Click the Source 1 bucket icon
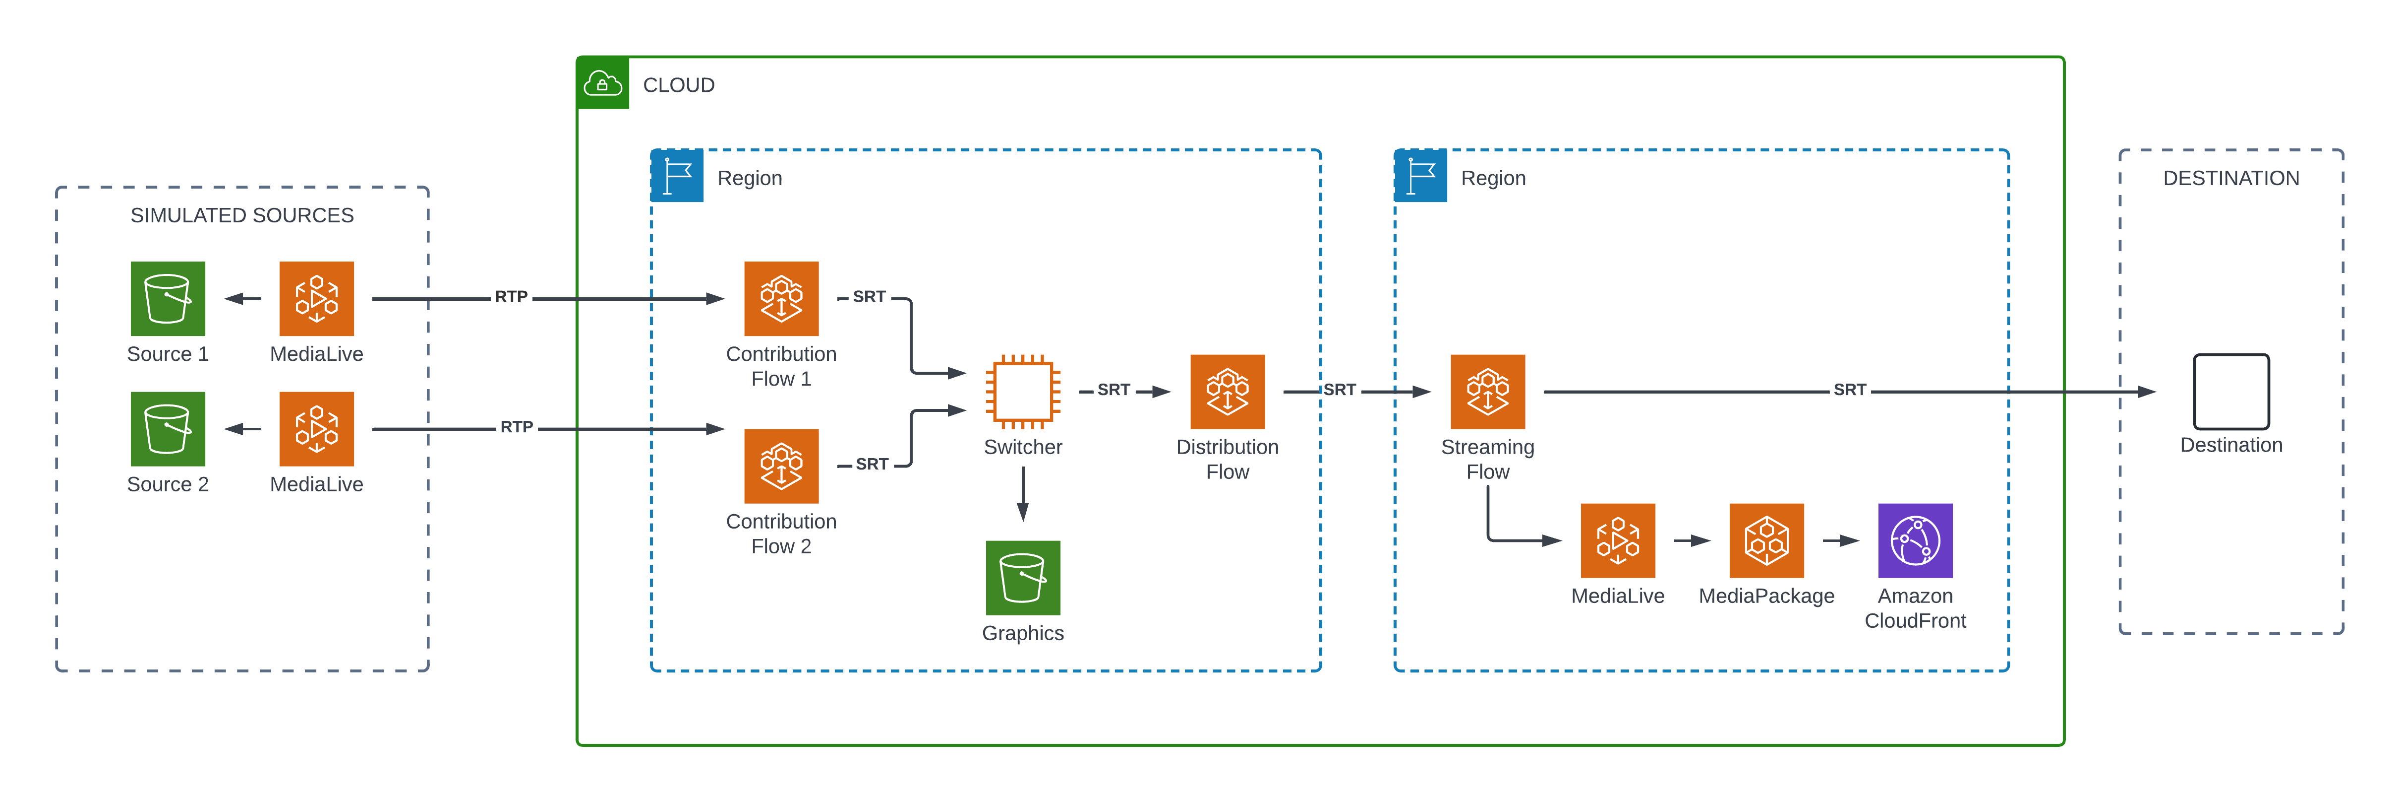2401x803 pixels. [x=168, y=298]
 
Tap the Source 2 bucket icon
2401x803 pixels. [x=168, y=429]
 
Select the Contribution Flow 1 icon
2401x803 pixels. [x=781, y=298]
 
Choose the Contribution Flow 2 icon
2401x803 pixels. [x=781, y=467]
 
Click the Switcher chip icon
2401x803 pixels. [x=1022, y=392]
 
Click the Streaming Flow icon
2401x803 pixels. [x=1488, y=392]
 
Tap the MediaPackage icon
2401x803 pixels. [x=1766, y=541]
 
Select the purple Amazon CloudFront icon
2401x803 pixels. [x=1915, y=541]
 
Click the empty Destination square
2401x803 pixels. [x=2231, y=392]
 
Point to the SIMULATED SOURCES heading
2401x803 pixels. [x=242, y=215]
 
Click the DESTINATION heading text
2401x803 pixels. [x=2231, y=178]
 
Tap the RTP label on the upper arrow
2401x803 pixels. [x=511, y=297]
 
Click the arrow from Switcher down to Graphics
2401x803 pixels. [x=1022, y=494]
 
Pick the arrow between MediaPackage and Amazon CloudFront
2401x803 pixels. [x=1841, y=541]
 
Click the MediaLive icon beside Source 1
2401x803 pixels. [x=317, y=298]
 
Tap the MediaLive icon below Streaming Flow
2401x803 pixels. [x=1618, y=541]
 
